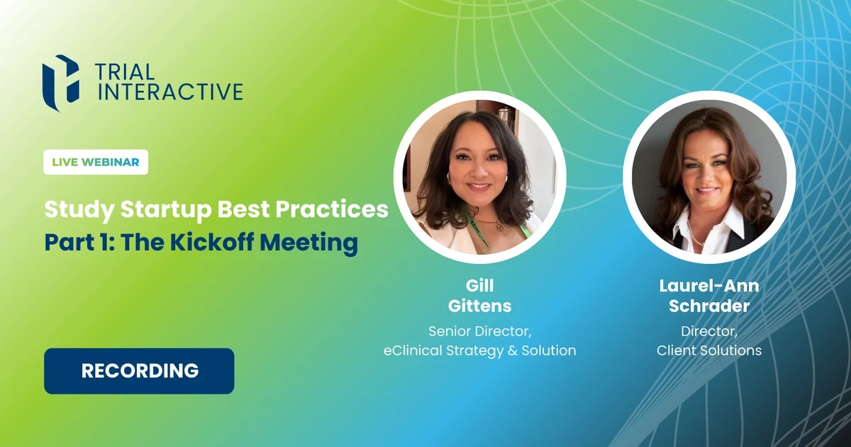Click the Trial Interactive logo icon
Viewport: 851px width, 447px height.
click(x=61, y=84)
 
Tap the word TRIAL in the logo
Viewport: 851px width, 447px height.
click(x=125, y=72)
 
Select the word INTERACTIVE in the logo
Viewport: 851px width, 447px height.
click(x=170, y=92)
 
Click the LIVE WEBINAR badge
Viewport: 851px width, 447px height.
click(x=96, y=162)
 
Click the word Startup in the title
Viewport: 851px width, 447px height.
click(x=166, y=210)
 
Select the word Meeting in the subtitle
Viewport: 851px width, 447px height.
click(x=309, y=243)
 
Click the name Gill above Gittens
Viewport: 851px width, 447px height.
click(x=480, y=286)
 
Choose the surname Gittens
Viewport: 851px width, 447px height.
click(x=480, y=306)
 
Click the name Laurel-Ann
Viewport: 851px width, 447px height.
click(x=709, y=286)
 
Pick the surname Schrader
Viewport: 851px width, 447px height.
click(x=709, y=306)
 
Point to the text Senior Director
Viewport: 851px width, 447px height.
click(x=480, y=331)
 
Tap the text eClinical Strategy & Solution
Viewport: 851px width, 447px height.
click(x=480, y=351)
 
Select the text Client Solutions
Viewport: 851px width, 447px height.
click(x=709, y=351)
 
